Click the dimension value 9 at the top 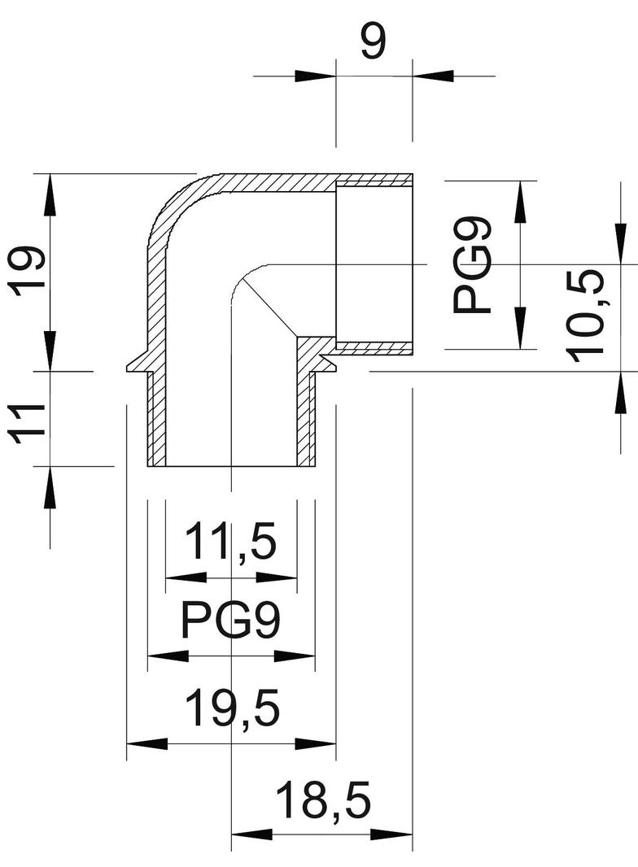[x=374, y=42]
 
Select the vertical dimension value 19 [x=28, y=271]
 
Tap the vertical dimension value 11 [x=28, y=421]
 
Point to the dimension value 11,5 [x=231, y=542]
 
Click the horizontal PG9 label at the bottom [x=231, y=622]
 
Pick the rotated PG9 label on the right [x=473, y=264]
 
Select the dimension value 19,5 [x=232, y=708]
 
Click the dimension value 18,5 [x=323, y=801]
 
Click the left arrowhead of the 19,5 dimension [x=146, y=743]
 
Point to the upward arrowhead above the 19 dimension [x=50, y=194]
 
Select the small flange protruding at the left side [x=138, y=365]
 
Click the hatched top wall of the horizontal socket [x=374, y=179]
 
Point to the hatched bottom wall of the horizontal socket [x=374, y=349]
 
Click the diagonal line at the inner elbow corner [x=267, y=306]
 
